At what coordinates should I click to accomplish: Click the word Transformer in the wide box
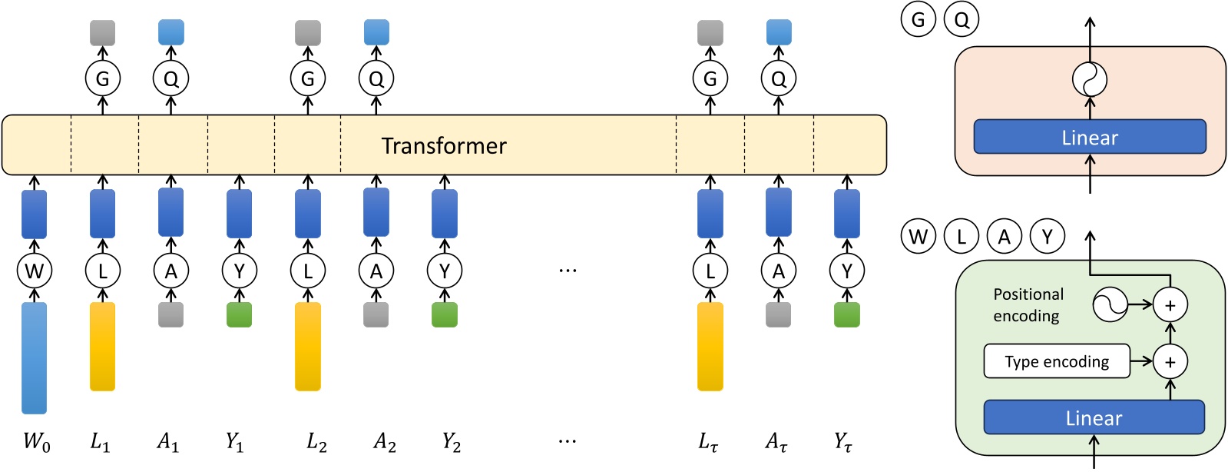click(x=444, y=146)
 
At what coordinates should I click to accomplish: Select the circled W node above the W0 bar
click(x=34, y=271)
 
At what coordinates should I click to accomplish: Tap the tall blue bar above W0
click(x=34, y=357)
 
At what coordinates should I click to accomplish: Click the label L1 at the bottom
click(x=100, y=442)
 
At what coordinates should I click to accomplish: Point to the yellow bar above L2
click(x=308, y=346)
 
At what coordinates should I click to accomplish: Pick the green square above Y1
click(x=240, y=314)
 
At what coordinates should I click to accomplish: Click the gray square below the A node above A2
click(x=376, y=314)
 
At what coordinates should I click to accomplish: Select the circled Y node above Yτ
click(x=847, y=271)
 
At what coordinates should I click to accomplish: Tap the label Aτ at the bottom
click(x=776, y=442)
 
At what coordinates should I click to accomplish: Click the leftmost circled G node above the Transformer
click(x=102, y=78)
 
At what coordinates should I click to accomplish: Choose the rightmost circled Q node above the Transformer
click(x=779, y=78)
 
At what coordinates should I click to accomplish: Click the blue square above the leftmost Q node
click(x=171, y=32)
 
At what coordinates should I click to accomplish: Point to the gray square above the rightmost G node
click(x=710, y=32)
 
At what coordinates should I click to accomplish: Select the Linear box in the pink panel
click(x=1090, y=138)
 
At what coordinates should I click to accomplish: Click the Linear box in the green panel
click(x=1094, y=418)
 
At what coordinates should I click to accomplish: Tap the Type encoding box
click(x=1057, y=361)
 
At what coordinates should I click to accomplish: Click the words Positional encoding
click(x=1028, y=305)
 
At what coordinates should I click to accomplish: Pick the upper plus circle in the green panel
click(x=1170, y=305)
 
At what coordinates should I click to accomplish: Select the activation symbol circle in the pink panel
click(x=1090, y=78)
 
